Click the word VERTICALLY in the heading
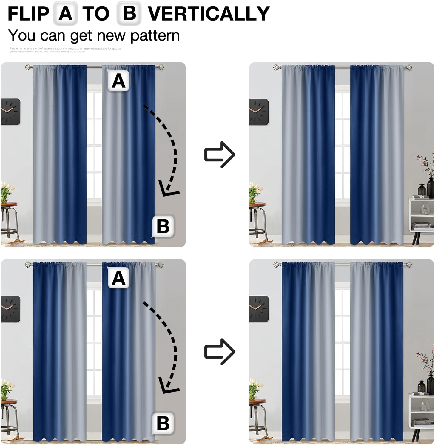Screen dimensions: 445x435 tap(209, 14)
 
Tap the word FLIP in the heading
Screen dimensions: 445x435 tap(28, 14)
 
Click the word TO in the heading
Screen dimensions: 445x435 tap(96, 14)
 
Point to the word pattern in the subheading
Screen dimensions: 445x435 tap(155, 36)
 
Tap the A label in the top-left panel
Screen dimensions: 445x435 tap(118, 81)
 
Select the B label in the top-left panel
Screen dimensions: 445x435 tap(163, 226)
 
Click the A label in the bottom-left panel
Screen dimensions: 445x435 tap(118, 278)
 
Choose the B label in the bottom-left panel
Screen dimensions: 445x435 tap(163, 423)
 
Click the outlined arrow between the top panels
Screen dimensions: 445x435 tap(220, 154)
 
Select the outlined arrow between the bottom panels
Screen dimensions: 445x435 tap(220, 352)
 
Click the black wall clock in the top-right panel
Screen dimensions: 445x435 tap(259, 112)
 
